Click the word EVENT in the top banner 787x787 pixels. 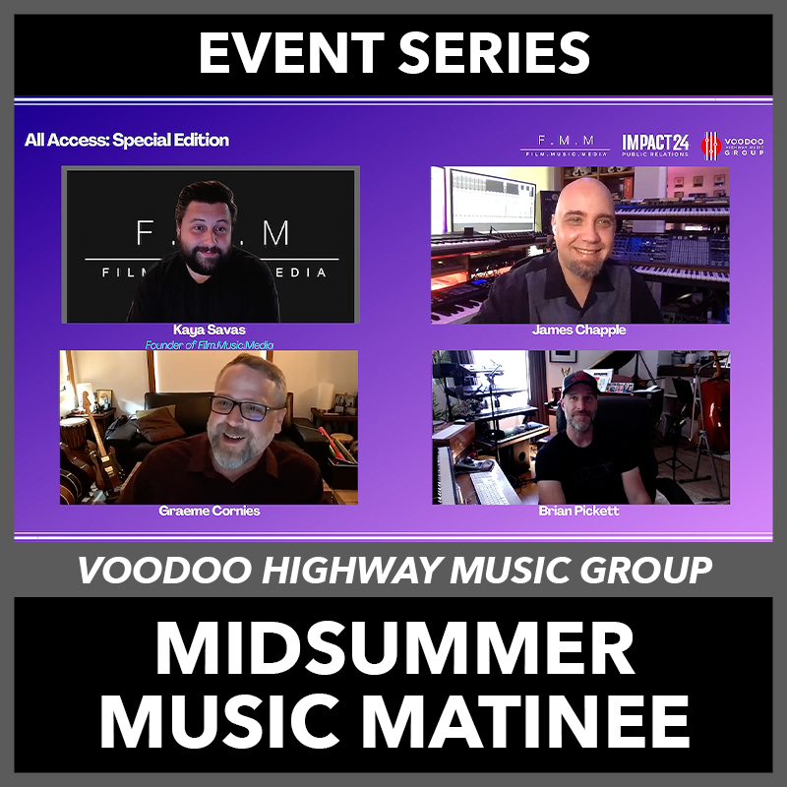[x=291, y=53]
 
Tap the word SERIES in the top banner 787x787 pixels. [x=494, y=53]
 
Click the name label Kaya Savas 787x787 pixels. [x=210, y=330]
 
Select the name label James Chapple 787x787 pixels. [x=578, y=330]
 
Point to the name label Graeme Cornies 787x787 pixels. [x=210, y=511]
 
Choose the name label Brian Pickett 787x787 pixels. [x=578, y=511]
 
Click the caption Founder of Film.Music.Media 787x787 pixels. [x=210, y=345]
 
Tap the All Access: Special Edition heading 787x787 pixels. [x=127, y=140]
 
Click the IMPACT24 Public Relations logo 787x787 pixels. [x=655, y=145]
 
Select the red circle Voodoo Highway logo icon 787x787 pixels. [x=710, y=146]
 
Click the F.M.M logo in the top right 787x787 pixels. [x=565, y=145]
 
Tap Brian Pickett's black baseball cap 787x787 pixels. [x=580, y=383]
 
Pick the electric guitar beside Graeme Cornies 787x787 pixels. [x=102, y=446]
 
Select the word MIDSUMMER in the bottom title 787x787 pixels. [x=395, y=648]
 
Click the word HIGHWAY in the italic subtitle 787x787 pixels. [x=352, y=571]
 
